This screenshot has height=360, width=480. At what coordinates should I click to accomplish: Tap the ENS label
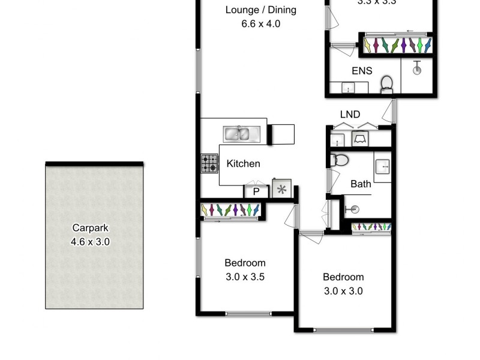[362, 71]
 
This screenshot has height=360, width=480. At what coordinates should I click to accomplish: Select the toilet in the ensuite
[386, 85]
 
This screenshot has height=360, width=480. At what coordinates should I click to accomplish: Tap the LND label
[350, 114]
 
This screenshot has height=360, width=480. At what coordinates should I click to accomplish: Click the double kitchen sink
[240, 133]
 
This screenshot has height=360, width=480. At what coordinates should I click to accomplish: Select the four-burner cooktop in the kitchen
[209, 164]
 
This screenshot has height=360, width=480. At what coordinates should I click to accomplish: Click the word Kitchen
[243, 164]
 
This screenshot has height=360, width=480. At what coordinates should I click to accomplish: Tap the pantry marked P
[256, 191]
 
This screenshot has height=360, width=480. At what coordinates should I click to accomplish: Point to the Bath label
[361, 184]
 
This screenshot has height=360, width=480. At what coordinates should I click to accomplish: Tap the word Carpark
[91, 228]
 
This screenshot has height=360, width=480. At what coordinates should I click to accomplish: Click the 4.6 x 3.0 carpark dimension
[91, 242]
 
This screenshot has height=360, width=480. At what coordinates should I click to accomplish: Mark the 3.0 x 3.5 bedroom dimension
[245, 277]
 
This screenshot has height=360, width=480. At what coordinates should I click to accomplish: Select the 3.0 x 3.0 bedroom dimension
[343, 292]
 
